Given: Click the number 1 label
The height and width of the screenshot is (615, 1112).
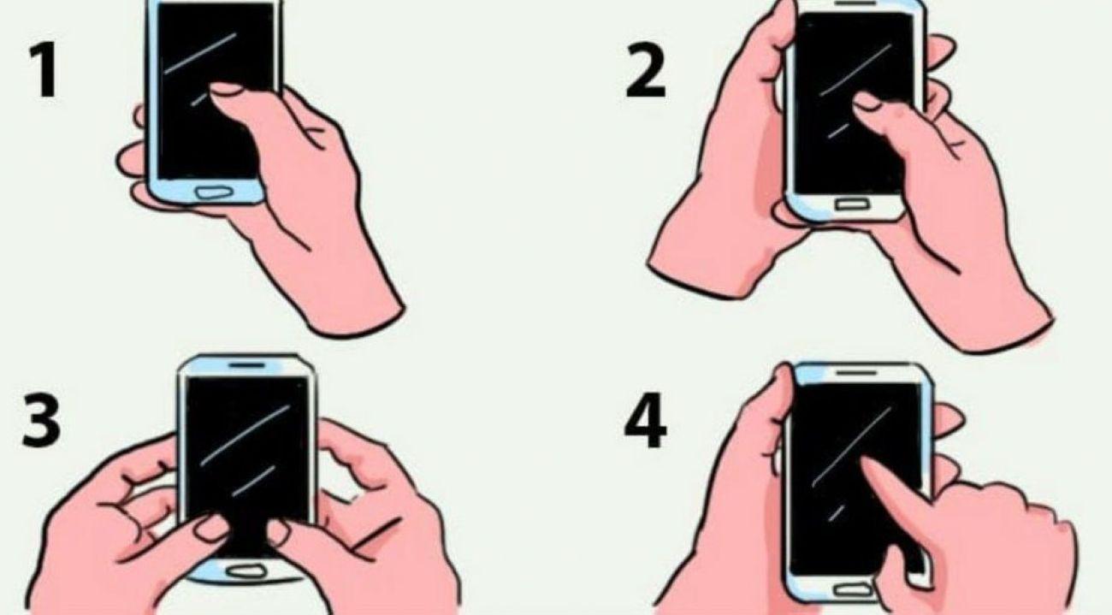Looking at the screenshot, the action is [x=45, y=71].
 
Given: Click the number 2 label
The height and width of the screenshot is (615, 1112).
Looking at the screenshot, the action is [x=645, y=71].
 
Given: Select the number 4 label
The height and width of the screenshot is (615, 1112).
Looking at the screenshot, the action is [x=645, y=420].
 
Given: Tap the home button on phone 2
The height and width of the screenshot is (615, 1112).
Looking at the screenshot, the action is [x=852, y=204].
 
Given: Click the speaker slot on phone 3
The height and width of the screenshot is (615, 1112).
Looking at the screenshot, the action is [x=247, y=365].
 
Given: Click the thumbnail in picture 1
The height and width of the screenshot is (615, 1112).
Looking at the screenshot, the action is [x=226, y=89].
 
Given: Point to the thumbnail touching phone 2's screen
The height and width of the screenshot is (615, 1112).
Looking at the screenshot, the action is [x=866, y=100].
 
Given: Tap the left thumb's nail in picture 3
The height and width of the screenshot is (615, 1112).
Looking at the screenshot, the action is [x=211, y=528].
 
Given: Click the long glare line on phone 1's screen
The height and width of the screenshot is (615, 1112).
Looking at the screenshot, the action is [x=200, y=54].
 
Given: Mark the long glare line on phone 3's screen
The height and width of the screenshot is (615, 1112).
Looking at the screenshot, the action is [x=245, y=435].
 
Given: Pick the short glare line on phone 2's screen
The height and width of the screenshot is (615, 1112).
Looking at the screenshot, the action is [x=838, y=131].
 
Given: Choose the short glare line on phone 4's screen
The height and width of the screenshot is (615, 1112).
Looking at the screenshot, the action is [x=837, y=512].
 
